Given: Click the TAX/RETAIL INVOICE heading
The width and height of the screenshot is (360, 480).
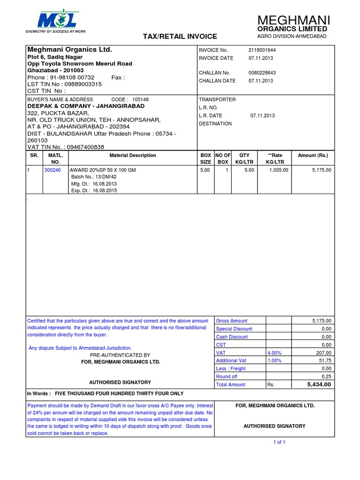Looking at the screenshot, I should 180,36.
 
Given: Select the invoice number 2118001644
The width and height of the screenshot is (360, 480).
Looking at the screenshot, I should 262,50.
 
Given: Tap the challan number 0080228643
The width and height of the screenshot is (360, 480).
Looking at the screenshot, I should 262,73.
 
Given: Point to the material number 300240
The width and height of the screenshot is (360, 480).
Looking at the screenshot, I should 52,170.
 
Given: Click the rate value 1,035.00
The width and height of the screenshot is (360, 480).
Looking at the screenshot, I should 279,170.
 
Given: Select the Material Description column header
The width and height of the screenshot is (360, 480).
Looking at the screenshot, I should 133,155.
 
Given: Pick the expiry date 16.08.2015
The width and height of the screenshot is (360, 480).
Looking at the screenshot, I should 105,191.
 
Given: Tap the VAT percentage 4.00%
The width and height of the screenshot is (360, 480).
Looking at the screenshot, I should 275,352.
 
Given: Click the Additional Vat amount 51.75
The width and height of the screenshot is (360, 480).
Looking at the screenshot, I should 324,360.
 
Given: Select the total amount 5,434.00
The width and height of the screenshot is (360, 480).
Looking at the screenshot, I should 319,384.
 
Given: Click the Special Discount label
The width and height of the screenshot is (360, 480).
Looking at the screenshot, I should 234,329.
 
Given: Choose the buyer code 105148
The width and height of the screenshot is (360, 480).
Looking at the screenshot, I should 140,99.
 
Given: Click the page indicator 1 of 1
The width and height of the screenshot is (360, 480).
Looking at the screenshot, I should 279,442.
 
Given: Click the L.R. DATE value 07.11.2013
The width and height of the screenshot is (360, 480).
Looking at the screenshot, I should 262,115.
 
